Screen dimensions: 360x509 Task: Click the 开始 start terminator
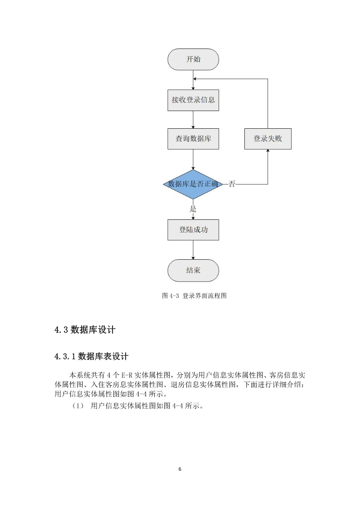(x=193, y=59)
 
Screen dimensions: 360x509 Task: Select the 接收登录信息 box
(x=193, y=100)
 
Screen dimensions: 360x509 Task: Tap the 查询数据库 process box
(x=193, y=139)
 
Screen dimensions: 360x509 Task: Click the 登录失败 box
(x=268, y=139)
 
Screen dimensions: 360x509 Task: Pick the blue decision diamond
(x=193, y=184)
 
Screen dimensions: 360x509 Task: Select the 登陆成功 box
(x=193, y=230)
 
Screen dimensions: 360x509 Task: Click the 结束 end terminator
(x=193, y=271)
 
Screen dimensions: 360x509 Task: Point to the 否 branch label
(x=232, y=184)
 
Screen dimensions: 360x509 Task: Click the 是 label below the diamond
(x=193, y=209)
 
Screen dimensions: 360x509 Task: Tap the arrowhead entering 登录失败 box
(x=268, y=151)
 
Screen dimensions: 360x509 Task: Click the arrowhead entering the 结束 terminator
(x=193, y=258)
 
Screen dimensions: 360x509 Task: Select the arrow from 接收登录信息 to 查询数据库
(x=193, y=120)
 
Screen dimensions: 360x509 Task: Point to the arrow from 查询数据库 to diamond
(x=193, y=160)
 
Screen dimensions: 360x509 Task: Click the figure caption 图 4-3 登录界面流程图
(x=194, y=296)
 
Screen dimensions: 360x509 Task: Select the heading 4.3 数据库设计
(x=85, y=330)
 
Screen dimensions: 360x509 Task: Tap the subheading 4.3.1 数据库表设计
(x=92, y=356)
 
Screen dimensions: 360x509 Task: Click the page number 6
(x=180, y=469)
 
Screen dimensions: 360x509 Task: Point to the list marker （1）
(x=78, y=406)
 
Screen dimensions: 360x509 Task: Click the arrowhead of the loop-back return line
(x=195, y=79)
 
